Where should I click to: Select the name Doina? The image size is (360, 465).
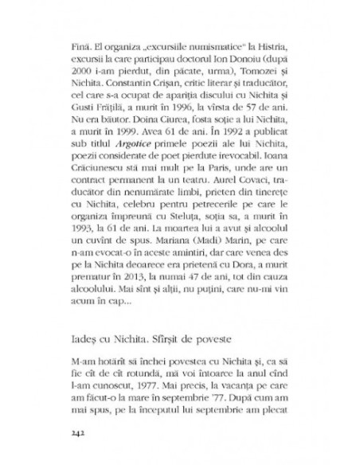point(147,139)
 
